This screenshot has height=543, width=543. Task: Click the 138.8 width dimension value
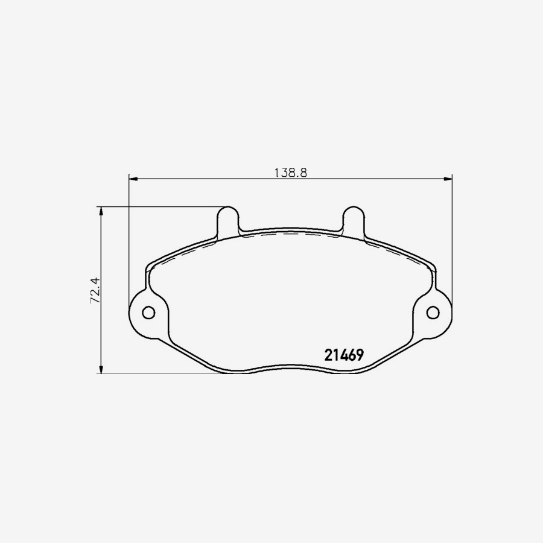[x=291, y=173]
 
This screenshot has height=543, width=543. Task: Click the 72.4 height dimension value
[x=94, y=290]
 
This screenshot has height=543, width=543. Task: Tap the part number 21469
[x=343, y=355]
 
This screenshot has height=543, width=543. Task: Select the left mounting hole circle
[x=148, y=312]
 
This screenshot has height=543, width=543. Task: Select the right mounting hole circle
[x=433, y=312]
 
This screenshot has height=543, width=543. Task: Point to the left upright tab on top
[x=228, y=221]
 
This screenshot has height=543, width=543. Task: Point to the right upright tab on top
[x=353, y=221]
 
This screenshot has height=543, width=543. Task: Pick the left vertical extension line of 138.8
[x=129, y=241]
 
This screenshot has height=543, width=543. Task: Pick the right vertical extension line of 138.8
[x=452, y=241]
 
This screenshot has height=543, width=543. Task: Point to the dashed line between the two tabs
[x=290, y=233]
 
